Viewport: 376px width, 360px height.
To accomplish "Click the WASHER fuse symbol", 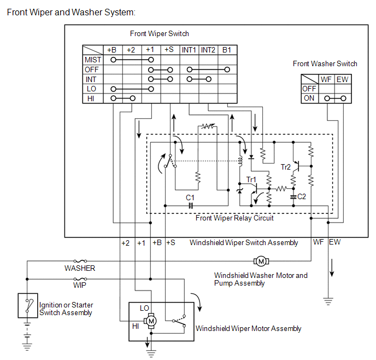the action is pos(80,261).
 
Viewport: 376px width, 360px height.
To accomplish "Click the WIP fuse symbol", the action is pos(80,279).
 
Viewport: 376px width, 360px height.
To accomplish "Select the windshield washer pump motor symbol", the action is pos(261,261).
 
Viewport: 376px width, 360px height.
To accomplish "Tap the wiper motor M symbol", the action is pos(151,321).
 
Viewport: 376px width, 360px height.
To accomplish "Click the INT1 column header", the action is pos(189,50).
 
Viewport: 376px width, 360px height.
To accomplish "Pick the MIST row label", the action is pos(93,60).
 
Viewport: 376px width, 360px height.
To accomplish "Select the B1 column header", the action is pos(227,50).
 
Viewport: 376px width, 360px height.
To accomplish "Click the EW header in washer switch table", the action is pos(342,79).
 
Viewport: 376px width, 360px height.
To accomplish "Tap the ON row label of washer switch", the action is pos(309,98).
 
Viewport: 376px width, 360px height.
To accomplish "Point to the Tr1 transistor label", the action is pos(251,179).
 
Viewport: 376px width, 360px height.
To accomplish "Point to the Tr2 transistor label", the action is pos(286,167).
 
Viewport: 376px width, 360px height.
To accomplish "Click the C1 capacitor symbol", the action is pos(191,206).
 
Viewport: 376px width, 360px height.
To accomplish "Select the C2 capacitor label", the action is pos(302,196).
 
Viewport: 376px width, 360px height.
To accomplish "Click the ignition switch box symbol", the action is pos(28,305).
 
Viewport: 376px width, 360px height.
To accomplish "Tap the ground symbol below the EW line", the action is pos(328,301).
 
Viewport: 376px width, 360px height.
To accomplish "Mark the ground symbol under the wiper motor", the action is pos(151,353).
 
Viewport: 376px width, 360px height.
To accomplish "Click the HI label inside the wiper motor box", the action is pos(136,326).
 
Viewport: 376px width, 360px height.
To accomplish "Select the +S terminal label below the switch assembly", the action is pos(171,242).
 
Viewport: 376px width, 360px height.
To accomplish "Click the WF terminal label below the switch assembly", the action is pos(318,242).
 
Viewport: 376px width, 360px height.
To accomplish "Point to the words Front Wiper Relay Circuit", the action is pos(234,218).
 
